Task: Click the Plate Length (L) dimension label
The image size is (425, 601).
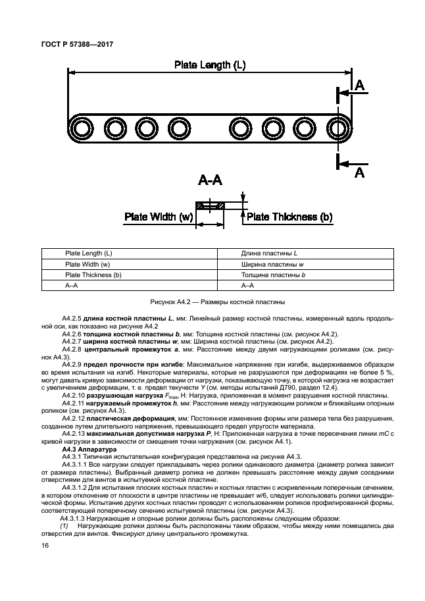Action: pyautogui.click(x=210, y=65)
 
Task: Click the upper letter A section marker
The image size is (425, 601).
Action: pyautogui.click(x=359, y=86)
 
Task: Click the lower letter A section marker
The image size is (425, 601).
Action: pyautogui.click(x=359, y=172)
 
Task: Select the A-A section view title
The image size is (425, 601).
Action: pyautogui.click(x=212, y=181)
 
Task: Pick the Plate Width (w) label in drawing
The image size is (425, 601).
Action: pyautogui.click(x=159, y=217)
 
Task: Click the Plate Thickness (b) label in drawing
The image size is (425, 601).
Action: pyautogui.click(x=289, y=217)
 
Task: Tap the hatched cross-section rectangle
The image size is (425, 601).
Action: pyautogui.click(x=210, y=206)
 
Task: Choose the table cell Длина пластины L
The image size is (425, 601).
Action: pyautogui.click(x=270, y=253)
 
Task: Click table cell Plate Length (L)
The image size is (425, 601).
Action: pyautogui.click(x=88, y=253)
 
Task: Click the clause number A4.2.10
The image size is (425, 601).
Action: pyautogui.click(x=76, y=395)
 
